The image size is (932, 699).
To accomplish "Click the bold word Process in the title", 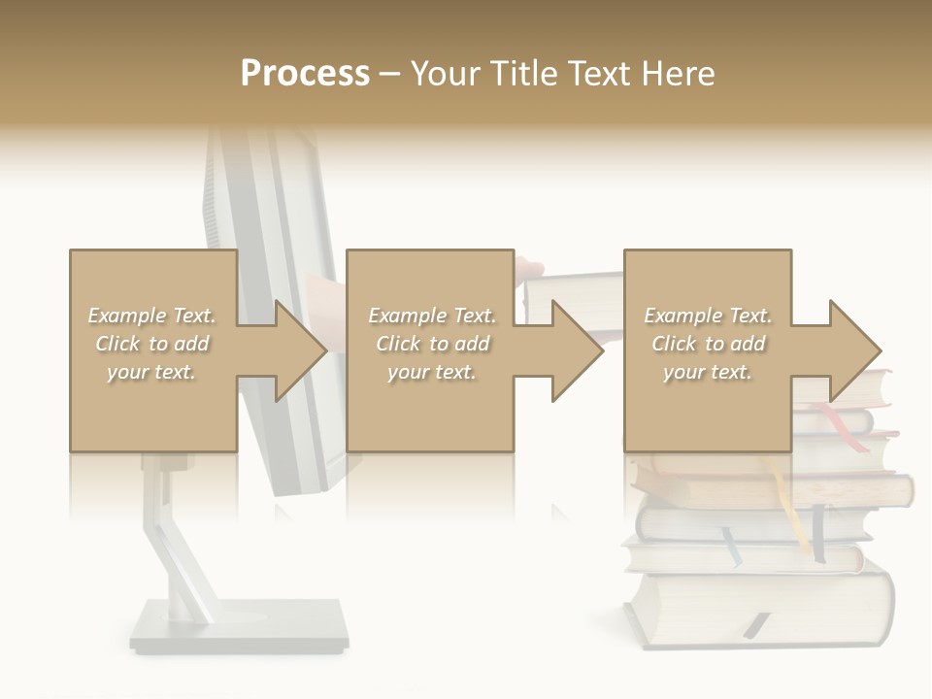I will pyautogui.click(x=305, y=73).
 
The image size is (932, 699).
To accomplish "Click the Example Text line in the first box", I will pyautogui.click(x=152, y=316).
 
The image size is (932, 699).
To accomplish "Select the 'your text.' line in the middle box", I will pyautogui.click(x=431, y=372).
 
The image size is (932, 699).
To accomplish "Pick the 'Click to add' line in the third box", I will pyautogui.click(x=708, y=344).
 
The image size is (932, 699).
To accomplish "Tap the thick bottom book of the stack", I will pyautogui.click(x=757, y=607).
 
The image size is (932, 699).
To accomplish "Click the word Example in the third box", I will pyautogui.click(x=682, y=316).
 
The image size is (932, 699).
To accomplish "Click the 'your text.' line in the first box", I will pyautogui.click(x=152, y=372).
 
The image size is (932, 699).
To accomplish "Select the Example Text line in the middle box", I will pyautogui.click(x=431, y=316).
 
